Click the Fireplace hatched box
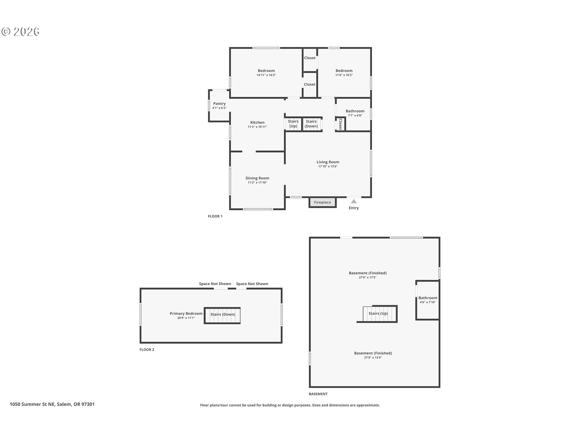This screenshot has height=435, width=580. click(322, 202)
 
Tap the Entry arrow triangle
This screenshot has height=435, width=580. click(354, 201)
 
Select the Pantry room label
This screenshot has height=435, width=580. click(219, 104)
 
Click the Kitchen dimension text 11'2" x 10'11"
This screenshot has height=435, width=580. click(257, 127)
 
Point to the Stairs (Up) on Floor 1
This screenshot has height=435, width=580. click(293, 124)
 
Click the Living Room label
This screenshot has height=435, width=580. click(328, 162)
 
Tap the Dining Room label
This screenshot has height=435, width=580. click(257, 178)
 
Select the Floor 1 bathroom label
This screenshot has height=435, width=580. click(355, 111)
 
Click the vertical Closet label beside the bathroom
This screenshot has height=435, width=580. click(340, 124)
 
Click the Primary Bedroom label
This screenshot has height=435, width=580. click(186, 314)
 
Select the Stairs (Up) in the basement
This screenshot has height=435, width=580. click(379, 314)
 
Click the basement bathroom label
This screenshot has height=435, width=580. click(428, 298)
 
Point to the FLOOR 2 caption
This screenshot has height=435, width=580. click(147, 350)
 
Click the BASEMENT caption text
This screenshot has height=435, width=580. click(318, 394)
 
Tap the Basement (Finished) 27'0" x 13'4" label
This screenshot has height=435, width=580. click(373, 355)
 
